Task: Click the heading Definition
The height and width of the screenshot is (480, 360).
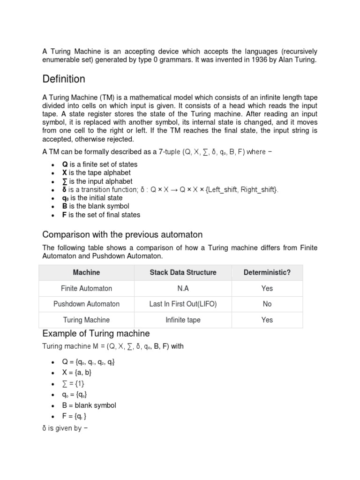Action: [64, 79]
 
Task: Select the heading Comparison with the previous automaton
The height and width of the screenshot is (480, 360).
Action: [122, 234]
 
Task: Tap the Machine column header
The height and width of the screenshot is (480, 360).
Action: [86, 272]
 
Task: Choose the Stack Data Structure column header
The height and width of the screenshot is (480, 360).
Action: [183, 272]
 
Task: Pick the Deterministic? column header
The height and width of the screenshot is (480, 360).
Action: [267, 272]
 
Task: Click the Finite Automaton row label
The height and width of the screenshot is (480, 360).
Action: [86, 288]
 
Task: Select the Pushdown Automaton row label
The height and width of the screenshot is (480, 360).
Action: [86, 304]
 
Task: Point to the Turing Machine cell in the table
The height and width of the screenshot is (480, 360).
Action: [86, 320]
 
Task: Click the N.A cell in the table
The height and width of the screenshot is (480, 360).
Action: [183, 288]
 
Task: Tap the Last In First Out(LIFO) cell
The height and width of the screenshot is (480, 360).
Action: [183, 304]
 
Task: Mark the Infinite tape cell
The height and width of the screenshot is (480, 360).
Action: [183, 320]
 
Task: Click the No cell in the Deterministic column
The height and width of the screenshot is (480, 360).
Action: [267, 304]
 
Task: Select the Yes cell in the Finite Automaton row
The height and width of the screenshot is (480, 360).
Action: [267, 288]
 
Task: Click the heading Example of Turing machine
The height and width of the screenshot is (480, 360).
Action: [96, 334]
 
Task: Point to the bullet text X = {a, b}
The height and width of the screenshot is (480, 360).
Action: [77, 372]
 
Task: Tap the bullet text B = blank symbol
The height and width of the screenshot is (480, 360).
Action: [89, 405]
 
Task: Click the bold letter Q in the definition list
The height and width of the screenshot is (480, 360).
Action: [65, 165]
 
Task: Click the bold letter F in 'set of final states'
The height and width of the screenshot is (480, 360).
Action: [64, 215]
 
